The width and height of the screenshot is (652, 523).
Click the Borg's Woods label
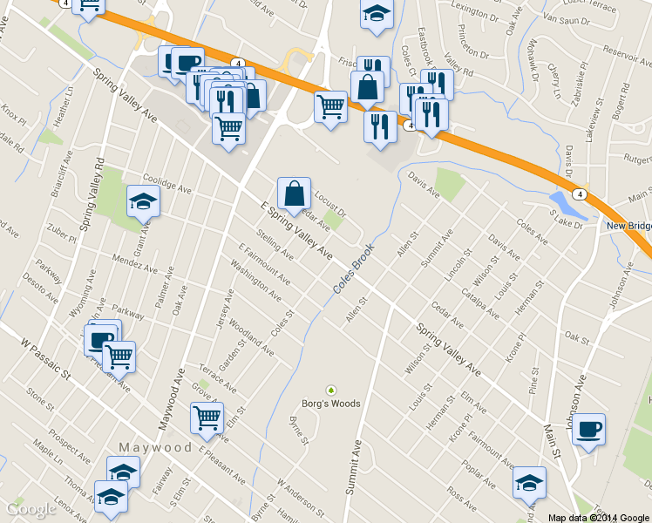pyautogui.click(x=330, y=404)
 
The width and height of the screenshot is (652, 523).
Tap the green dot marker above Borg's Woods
pyautogui.click(x=330, y=390)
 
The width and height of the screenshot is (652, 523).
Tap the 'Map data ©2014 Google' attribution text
pyautogui.click(x=599, y=517)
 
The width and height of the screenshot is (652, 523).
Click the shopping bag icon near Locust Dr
pyautogui.click(x=294, y=193)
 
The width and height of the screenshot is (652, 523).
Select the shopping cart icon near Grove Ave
pyautogui.click(x=207, y=418)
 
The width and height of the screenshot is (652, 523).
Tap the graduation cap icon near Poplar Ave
pyautogui.click(x=529, y=482)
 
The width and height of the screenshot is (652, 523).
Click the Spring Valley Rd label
pyautogui.click(x=92, y=194)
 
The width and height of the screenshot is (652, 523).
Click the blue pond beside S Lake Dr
pyautogui.click(x=567, y=206)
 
